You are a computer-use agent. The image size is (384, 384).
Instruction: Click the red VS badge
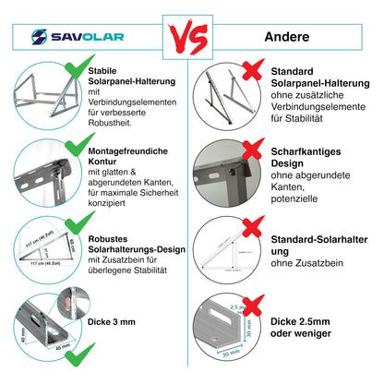[192, 39]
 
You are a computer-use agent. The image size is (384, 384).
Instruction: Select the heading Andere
[286, 38]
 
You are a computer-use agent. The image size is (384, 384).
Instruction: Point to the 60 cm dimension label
[75, 244]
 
